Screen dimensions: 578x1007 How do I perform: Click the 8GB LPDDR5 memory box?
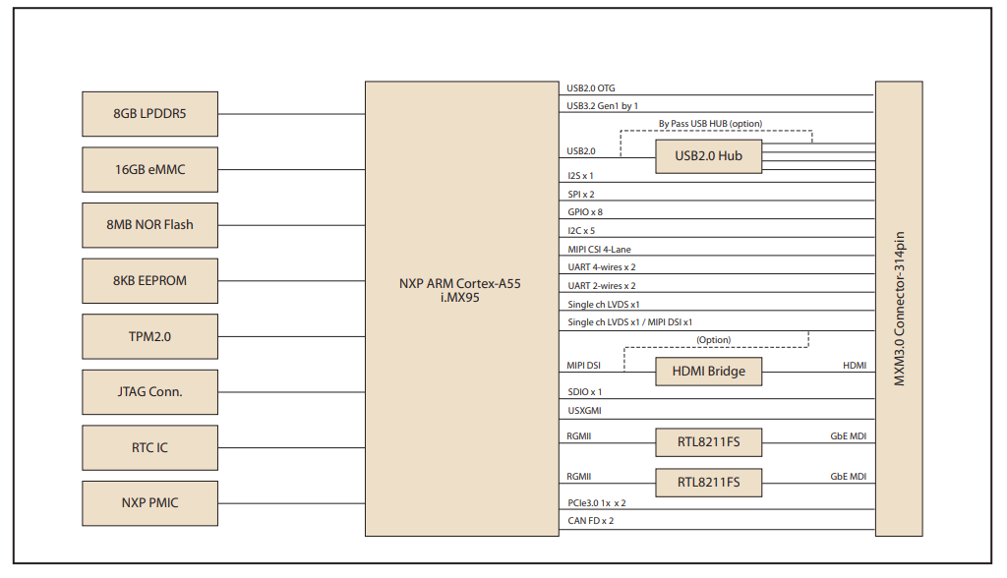[149, 114]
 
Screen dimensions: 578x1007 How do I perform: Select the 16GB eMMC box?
[149, 169]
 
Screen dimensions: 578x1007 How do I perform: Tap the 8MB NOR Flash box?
[149, 225]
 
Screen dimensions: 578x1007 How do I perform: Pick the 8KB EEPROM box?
[149, 281]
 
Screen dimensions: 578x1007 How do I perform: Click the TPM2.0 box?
[149, 336]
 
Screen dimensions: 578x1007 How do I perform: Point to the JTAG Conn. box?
[149, 392]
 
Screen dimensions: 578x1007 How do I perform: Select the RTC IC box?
[149, 447]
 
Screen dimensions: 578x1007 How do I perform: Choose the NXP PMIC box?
[149, 503]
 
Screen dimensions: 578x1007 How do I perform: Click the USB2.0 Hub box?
[708, 156]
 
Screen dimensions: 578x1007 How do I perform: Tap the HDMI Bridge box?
[708, 372]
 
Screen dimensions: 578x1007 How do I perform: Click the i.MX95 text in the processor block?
[460, 297]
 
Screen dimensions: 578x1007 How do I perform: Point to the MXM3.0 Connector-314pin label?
[899, 309]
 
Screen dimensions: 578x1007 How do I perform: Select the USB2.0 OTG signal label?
[591, 88]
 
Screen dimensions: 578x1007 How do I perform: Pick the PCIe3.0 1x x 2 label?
[597, 502]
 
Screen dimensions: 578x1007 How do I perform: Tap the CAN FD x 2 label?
[591, 521]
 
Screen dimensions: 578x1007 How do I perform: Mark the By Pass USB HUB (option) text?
[710, 124]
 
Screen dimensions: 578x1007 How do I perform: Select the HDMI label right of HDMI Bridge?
[855, 366]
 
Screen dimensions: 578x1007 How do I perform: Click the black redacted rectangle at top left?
[136, 51]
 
